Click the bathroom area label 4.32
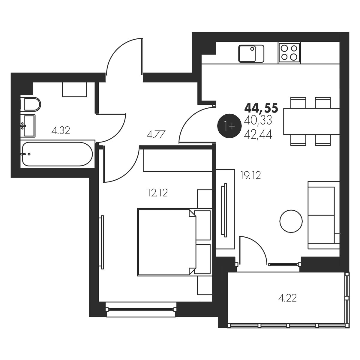point(61,130)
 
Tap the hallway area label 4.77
point(156,134)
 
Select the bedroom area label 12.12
point(158,193)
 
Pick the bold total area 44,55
point(261,108)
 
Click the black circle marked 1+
point(228,126)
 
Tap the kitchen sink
point(251,54)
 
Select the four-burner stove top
point(289,53)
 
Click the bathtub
point(57,154)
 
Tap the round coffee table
point(291,221)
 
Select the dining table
point(311,121)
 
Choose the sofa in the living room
point(324,215)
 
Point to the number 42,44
point(258,134)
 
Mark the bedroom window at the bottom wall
point(141,309)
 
